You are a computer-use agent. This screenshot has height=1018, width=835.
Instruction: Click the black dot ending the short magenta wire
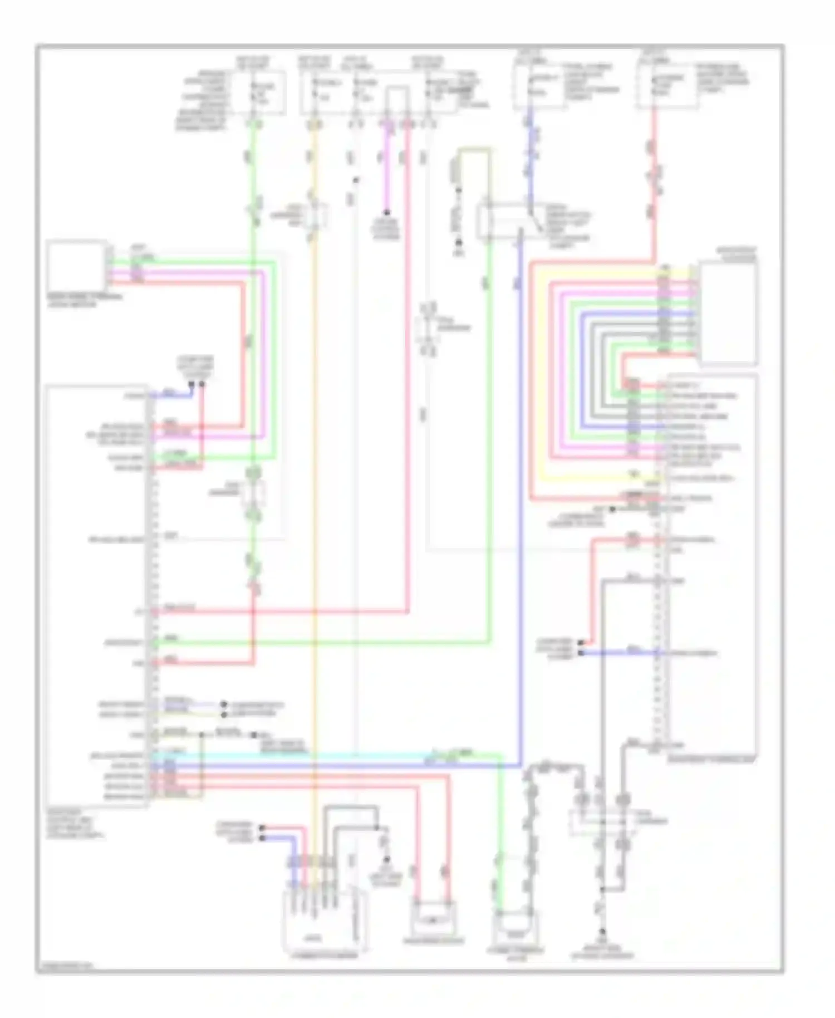tap(386, 212)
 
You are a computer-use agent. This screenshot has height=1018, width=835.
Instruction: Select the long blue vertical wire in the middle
tap(521, 501)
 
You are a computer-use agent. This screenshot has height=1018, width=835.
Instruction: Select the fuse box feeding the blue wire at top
tap(539, 87)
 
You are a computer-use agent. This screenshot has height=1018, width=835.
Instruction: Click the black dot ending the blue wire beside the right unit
tap(581, 652)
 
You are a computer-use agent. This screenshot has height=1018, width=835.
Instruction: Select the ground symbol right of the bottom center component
tap(386, 860)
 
